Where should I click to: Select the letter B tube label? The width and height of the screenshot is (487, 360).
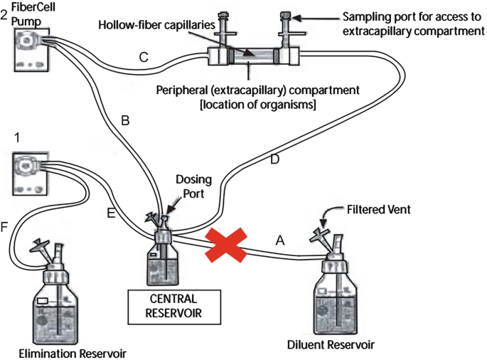[125, 122]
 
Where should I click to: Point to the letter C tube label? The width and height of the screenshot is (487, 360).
[144, 57]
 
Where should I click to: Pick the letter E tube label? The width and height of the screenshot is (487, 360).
[111, 211]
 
